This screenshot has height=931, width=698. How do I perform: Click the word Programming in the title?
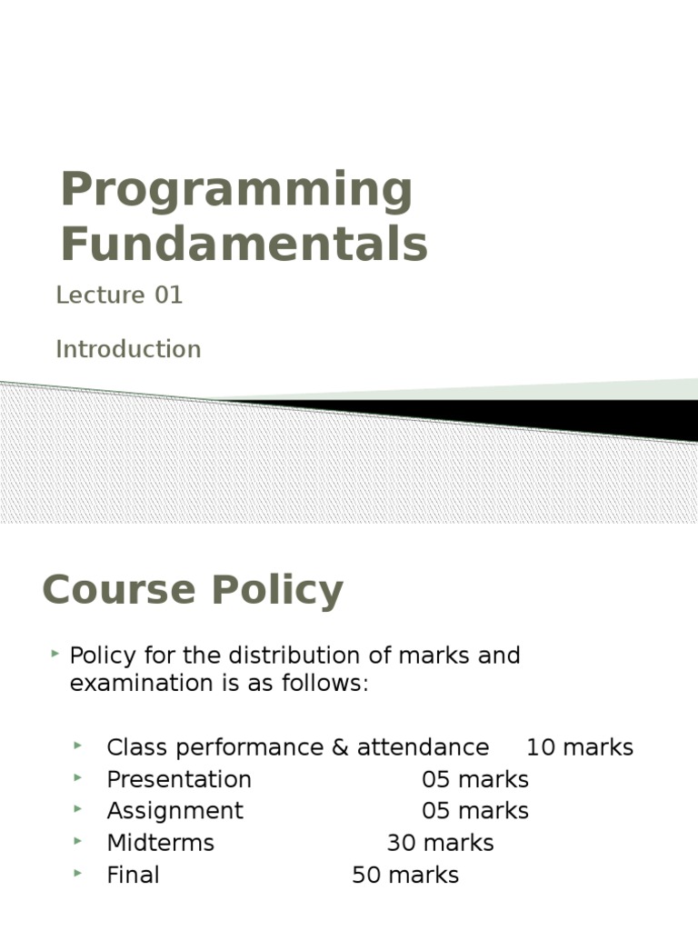(x=236, y=192)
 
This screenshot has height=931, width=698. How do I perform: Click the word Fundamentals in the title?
(x=244, y=244)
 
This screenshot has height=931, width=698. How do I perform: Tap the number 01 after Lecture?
(x=168, y=295)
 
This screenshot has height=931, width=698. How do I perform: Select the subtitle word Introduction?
(x=128, y=349)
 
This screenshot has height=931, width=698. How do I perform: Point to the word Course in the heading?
(x=119, y=589)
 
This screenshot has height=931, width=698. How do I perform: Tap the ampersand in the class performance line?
(x=340, y=747)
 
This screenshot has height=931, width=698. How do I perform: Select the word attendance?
(x=423, y=747)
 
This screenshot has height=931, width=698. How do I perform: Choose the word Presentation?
(x=179, y=779)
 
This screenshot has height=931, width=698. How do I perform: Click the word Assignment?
(x=175, y=811)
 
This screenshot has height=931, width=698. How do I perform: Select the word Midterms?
(x=160, y=843)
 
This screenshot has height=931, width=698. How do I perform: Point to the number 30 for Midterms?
(x=401, y=843)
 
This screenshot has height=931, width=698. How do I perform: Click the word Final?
(x=133, y=876)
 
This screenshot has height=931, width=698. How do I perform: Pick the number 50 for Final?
(x=366, y=876)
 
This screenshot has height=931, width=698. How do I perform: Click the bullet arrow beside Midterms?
(x=78, y=841)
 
